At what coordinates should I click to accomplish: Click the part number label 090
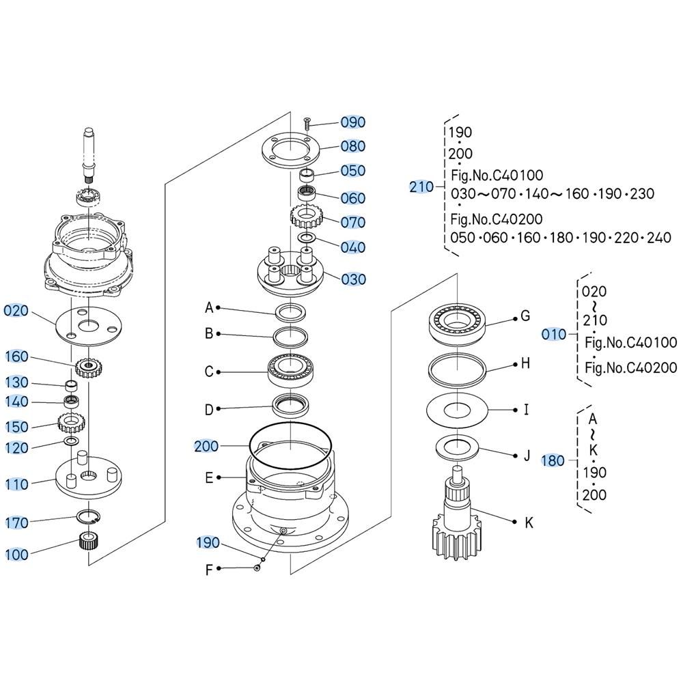click(x=353, y=122)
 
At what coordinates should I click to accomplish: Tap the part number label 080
click(x=353, y=146)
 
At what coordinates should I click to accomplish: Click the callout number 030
click(x=353, y=279)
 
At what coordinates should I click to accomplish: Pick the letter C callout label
click(x=209, y=372)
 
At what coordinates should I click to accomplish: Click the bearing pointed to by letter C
click(x=291, y=372)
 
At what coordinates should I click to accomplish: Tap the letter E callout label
click(x=209, y=478)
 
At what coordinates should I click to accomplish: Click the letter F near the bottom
click(x=209, y=569)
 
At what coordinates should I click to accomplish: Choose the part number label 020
click(x=16, y=311)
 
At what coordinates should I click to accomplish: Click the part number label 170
click(x=16, y=523)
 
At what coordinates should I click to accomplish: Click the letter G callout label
click(x=525, y=316)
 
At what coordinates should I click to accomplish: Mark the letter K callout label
click(x=528, y=523)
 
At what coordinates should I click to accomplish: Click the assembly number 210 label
click(x=421, y=186)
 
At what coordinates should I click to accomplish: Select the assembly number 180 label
click(x=553, y=461)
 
